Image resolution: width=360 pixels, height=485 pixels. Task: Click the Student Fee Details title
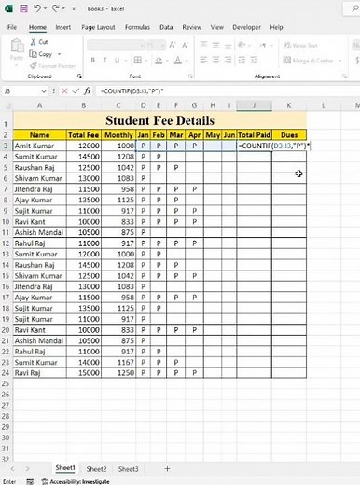point(159,120)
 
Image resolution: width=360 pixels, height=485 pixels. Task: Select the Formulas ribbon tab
point(137,28)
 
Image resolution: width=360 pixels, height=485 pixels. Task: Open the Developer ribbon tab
point(245,28)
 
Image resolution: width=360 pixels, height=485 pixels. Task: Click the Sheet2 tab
point(96,468)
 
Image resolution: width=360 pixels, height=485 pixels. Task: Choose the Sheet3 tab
point(128,468)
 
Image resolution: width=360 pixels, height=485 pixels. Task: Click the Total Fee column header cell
point(83,134)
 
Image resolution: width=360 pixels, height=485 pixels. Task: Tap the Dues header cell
point(288,134)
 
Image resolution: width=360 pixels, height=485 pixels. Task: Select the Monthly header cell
point(118,134)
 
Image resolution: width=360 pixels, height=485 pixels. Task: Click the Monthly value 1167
point(119,361)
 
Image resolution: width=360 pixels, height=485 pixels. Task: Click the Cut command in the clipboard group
point(39,42)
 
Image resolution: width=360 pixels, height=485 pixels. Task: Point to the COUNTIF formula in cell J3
point(254,146)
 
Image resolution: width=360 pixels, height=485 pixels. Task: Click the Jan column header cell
point(143,134)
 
